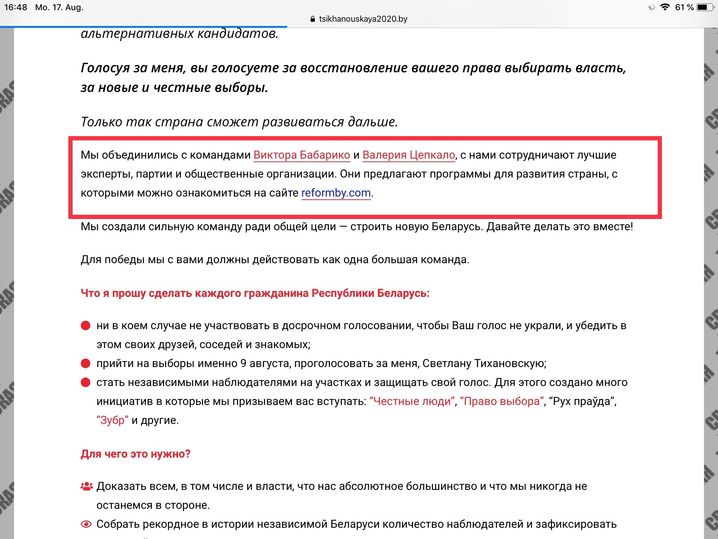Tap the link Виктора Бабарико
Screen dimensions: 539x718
point(302,155)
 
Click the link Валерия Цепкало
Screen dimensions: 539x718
point(408,155)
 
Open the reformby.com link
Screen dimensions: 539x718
point(336,193)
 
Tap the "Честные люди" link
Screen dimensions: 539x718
point(412,401)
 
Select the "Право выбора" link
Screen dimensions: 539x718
point(502,401)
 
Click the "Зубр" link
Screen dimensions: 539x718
point(113,420)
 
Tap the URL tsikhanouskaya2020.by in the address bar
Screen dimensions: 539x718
point(363,19)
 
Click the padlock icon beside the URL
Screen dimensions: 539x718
point(313,19)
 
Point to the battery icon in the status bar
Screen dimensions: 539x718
point(705,7)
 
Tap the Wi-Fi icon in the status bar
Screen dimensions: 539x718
point(664,7)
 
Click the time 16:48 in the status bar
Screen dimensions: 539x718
point(15,7)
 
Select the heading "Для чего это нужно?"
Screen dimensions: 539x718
point(135,454)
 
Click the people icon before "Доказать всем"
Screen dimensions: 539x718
point(87,486)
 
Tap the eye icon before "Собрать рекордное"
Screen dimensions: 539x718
point(86,524)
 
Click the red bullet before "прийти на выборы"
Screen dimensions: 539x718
point(86,363)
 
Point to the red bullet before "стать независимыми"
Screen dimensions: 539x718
point(86,382)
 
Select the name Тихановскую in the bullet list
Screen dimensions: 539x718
point(510,363)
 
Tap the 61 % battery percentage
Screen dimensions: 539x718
point(684,7)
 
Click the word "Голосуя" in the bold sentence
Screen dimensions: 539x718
point(105,68)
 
